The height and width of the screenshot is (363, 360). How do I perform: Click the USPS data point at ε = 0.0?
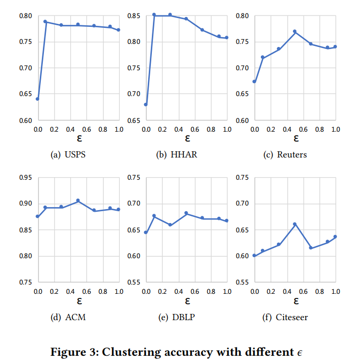pos(38,99)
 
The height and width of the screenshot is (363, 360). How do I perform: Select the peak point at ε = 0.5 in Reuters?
pos(295,31)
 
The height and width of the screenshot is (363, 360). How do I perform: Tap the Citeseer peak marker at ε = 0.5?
pos(295,224)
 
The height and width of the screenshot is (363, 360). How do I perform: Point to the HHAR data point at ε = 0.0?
pos(146,104)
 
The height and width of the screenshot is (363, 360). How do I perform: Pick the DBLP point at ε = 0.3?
pos(170,225)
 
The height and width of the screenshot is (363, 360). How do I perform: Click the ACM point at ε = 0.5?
pos(78,200)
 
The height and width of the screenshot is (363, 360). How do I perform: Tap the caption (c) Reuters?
pos(285,155)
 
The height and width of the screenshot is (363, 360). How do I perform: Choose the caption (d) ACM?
pos(68,317)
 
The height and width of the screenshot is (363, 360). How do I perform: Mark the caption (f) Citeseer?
pos(285,317)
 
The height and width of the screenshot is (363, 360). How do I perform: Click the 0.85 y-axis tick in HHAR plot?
pos(136,15)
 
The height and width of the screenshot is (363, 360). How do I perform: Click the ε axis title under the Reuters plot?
pos(295,138)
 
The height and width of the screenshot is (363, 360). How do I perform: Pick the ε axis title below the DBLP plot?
pos(187,301)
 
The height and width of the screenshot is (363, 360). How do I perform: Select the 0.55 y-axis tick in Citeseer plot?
pos(244,282)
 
